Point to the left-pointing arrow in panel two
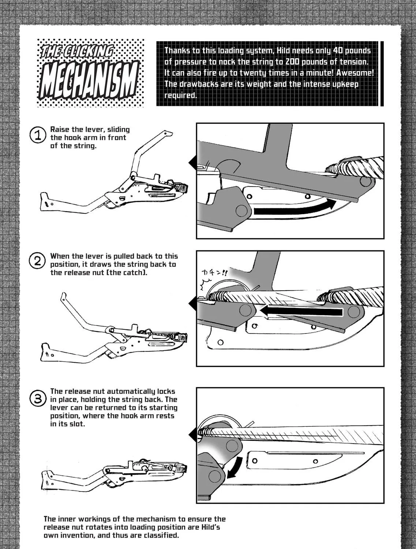point(301,311)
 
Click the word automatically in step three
point(131,391)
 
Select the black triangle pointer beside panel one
point(192,163)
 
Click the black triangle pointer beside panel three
point(192,435)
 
